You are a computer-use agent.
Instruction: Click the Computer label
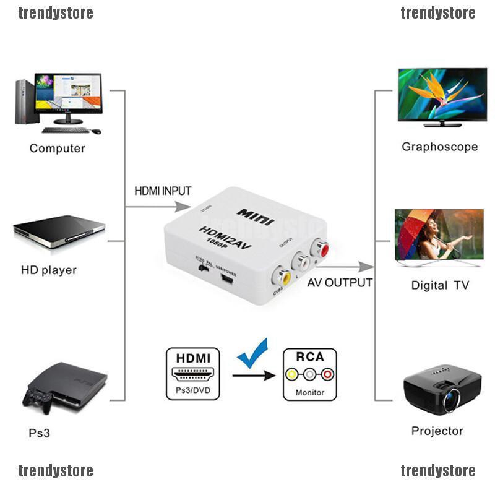tap(57, 148)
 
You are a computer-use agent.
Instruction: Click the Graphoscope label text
tap(439, 147)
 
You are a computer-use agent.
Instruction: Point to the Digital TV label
tap(440, 285)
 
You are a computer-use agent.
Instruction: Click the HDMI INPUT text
tap(163, 191)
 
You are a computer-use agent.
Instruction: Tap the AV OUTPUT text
tap(340, 283)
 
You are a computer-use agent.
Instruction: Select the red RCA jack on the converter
tap(321, 249)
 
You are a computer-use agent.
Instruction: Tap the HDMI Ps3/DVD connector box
tap(192, 373)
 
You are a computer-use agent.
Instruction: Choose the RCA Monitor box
tap(309, 373)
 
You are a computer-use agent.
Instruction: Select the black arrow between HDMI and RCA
tap(253, 375)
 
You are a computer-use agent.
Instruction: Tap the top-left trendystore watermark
tap(56, 13)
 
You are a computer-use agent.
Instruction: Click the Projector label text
tap(437, 431)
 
